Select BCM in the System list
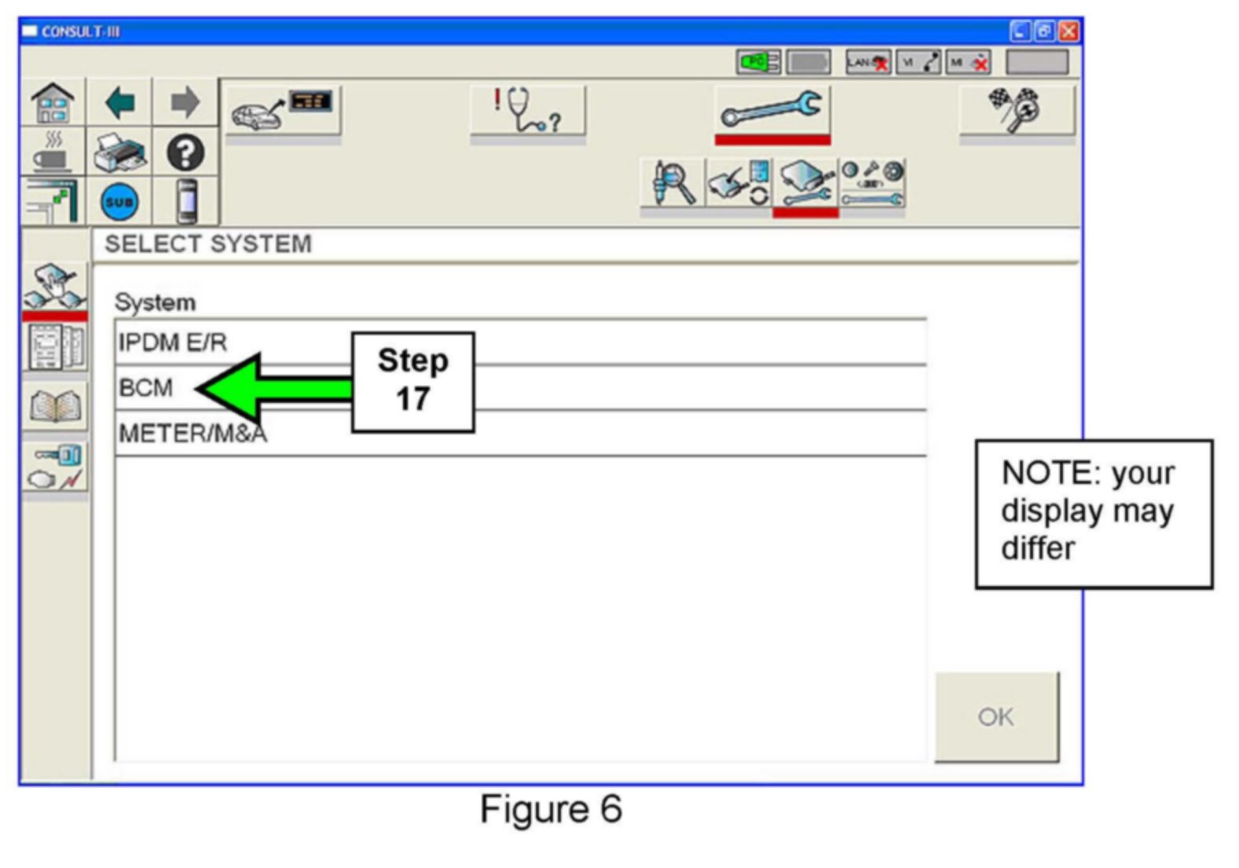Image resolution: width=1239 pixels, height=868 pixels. [x=146, y=388]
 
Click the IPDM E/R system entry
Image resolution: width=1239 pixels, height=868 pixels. [x=173, y=342]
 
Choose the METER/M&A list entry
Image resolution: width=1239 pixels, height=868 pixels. [x=192, y=434]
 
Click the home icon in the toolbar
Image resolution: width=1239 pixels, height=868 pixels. [x=53, y=103]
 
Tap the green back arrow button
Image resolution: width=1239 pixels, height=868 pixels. [x=119, y=103]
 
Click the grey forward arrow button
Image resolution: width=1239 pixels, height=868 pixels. [x=185, y=103]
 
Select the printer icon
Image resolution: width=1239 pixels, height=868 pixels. [x=119, y=152]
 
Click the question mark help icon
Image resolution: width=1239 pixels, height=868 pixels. [x=185, y=153]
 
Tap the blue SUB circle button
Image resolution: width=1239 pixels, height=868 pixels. [x=119, y=202]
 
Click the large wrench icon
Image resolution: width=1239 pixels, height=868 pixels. [x=772, y=110]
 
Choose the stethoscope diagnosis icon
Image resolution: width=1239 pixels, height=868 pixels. [x=527, y=110]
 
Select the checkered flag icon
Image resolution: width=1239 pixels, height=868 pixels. [x=1016, y=109]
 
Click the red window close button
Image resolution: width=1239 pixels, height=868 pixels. [x=1069, y=31]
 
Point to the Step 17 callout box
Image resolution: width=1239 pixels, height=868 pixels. [x=412, y=381]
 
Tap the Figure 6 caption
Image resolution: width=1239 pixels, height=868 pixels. [x=551, y=809]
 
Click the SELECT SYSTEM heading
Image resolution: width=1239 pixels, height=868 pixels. [x=208, y=244]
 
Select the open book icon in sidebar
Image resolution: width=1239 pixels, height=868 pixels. [x=54, y=406]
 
